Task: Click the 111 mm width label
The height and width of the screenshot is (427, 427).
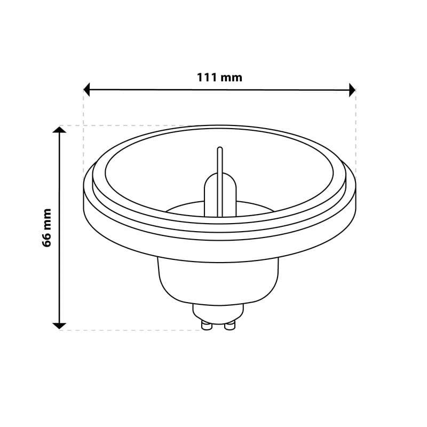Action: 219,77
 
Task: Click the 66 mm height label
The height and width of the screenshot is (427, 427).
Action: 46,228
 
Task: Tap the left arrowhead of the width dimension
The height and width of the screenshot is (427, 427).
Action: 86,90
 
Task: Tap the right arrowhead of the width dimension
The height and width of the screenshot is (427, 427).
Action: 352,90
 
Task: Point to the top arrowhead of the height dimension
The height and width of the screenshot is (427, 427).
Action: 59,130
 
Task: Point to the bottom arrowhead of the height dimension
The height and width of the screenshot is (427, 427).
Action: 59,326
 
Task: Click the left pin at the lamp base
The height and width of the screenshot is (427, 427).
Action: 207,325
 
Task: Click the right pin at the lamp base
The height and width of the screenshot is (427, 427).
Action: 230,325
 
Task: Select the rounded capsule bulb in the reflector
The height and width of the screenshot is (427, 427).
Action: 220,195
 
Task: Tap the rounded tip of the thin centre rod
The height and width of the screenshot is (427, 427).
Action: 220,149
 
